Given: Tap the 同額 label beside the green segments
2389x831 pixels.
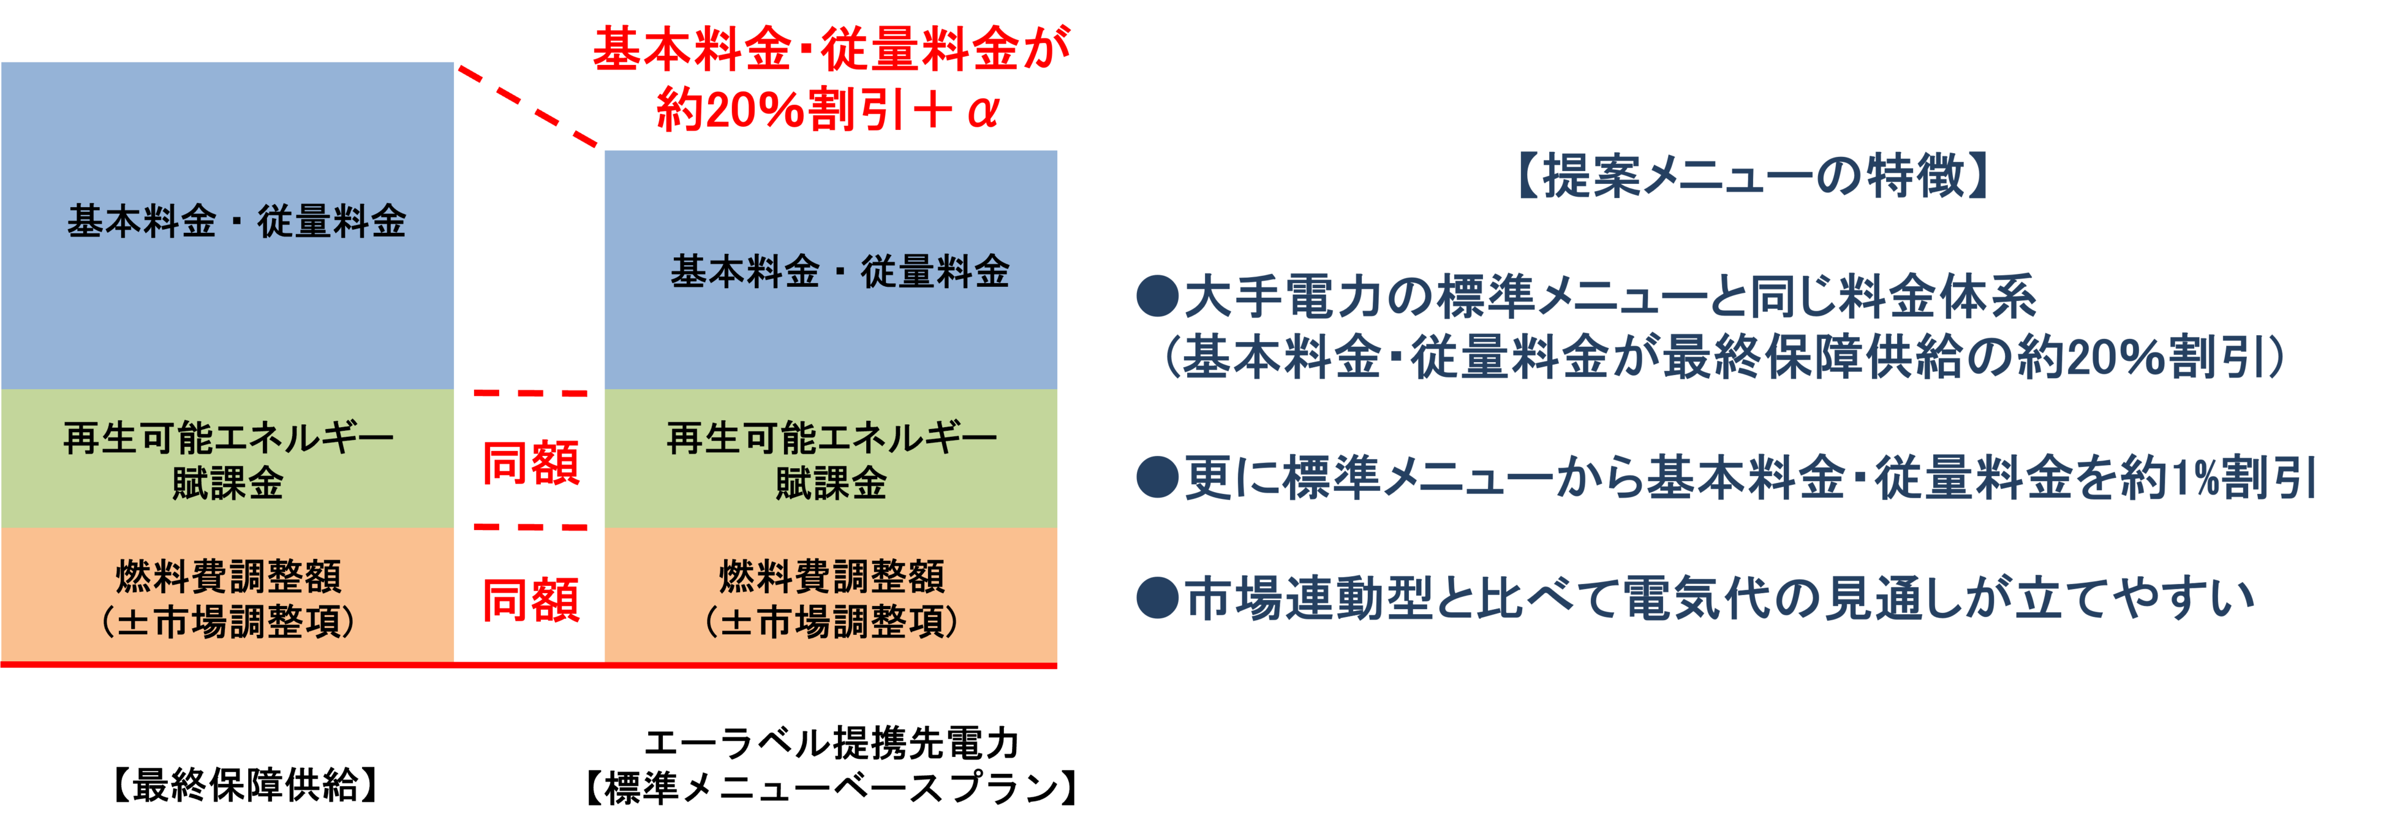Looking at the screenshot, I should (x=530, y=462).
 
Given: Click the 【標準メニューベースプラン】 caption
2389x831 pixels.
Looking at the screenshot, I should (x=831, y=787).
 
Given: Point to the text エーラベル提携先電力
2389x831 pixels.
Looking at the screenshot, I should (x=831, y=743).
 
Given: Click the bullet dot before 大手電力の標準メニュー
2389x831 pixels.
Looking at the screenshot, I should (x=1157, y=297).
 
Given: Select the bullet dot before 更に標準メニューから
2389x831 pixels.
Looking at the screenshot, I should (x=1157, y=477).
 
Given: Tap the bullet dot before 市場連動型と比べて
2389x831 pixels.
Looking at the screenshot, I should (x=1157, y=598).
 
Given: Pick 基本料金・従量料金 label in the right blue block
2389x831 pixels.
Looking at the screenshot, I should (x=839, y=271).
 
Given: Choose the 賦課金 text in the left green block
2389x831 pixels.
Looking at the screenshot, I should (x=227, y=483).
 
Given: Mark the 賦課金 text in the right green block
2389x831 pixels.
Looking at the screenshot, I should (x=831, y=483).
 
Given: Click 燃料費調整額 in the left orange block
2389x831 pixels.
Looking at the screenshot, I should (x=228, y=576).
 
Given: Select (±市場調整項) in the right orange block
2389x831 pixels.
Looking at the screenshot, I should (x=831, y=621).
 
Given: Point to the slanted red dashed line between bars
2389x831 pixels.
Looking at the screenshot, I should (x=529, y=107).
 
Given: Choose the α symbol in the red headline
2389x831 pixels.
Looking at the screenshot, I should (x=981, y=112).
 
